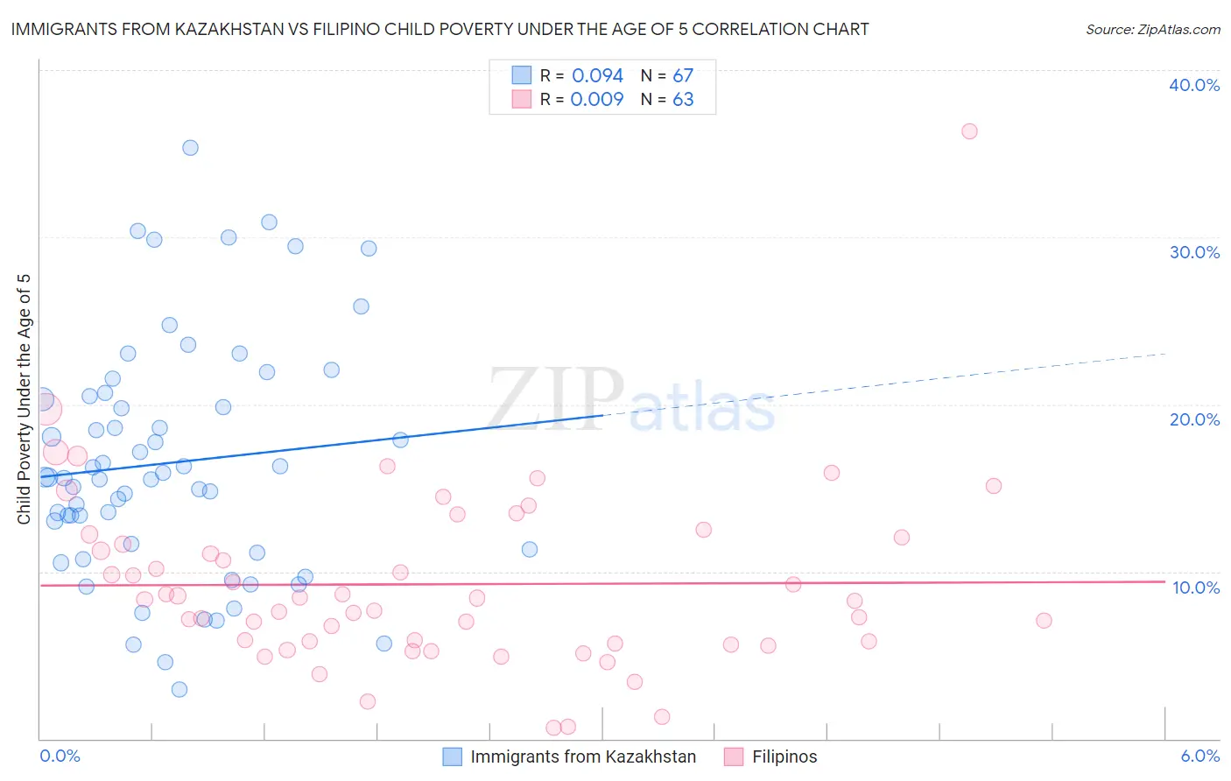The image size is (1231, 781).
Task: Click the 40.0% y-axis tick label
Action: [x=1194, y=85]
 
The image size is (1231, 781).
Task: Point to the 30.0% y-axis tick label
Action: [x=1194, y=252]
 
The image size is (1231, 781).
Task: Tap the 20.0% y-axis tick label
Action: [x=1194, y=419]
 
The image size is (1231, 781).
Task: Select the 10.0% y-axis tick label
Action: [x=1196, y=588]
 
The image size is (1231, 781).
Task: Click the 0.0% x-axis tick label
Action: [x=60, y=756]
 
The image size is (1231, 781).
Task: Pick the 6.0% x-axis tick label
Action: [x=1199, y=756]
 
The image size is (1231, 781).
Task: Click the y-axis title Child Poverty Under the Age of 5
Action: [x=24, y=399]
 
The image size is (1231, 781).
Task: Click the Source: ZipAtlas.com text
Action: [x=1152, y=29]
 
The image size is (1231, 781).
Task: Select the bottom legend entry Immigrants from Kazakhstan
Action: [x=582, y=756]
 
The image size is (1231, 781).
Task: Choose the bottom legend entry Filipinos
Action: [x=784, y=756]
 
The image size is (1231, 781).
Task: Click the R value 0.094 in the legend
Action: [x=597, y=75]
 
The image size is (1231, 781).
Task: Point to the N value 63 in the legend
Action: [x=683, y=99]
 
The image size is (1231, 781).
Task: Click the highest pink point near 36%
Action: [x=969, y=131]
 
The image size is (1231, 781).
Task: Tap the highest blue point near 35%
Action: [x=190, y=148]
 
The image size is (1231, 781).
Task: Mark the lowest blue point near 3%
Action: [x=179, y=689]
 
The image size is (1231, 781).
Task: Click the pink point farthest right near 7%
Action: [x=1044, y=621]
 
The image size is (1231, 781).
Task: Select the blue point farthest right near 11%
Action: [x=530, y=550]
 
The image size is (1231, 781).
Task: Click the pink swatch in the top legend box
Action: [x=522, y=99]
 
